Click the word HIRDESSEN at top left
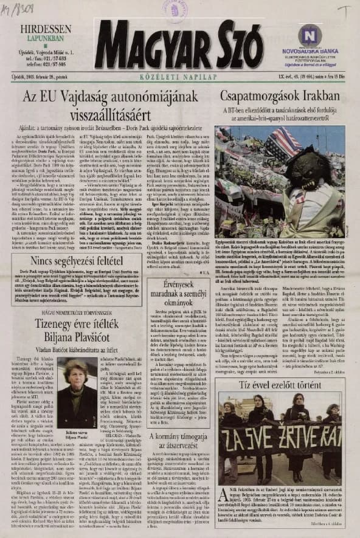(44, 29)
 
